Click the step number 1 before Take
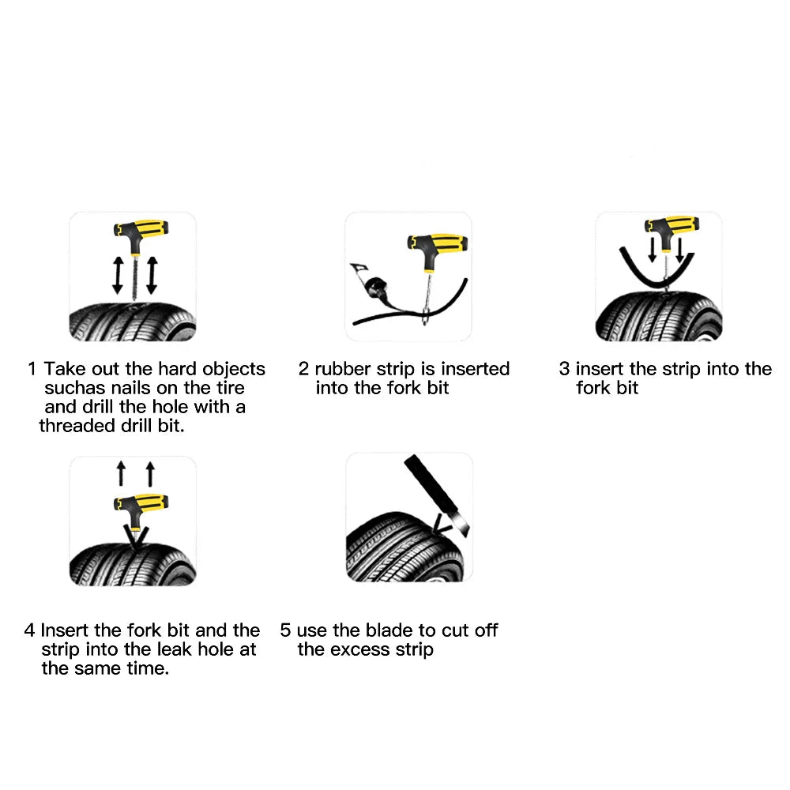[32, 369]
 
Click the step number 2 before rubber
[304, 369]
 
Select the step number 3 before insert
[564, 369]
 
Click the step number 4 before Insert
[29, 630]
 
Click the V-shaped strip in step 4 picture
[134, 537]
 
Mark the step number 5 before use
[286, 630]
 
